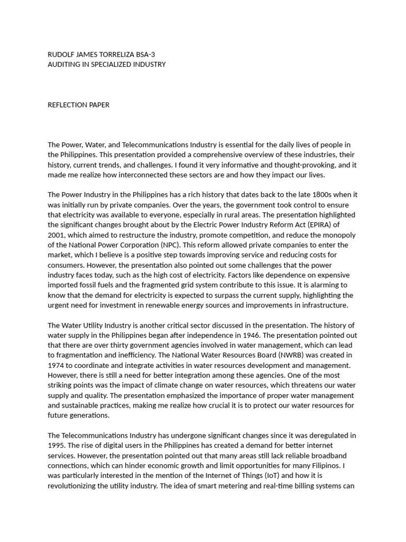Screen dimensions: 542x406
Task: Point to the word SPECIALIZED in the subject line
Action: point(114,64)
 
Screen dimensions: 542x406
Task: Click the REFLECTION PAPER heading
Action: point(79,105)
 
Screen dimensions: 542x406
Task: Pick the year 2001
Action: point(56,235)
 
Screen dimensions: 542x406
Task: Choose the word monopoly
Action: point(338,235)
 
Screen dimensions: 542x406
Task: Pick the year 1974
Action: point(56,366)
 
